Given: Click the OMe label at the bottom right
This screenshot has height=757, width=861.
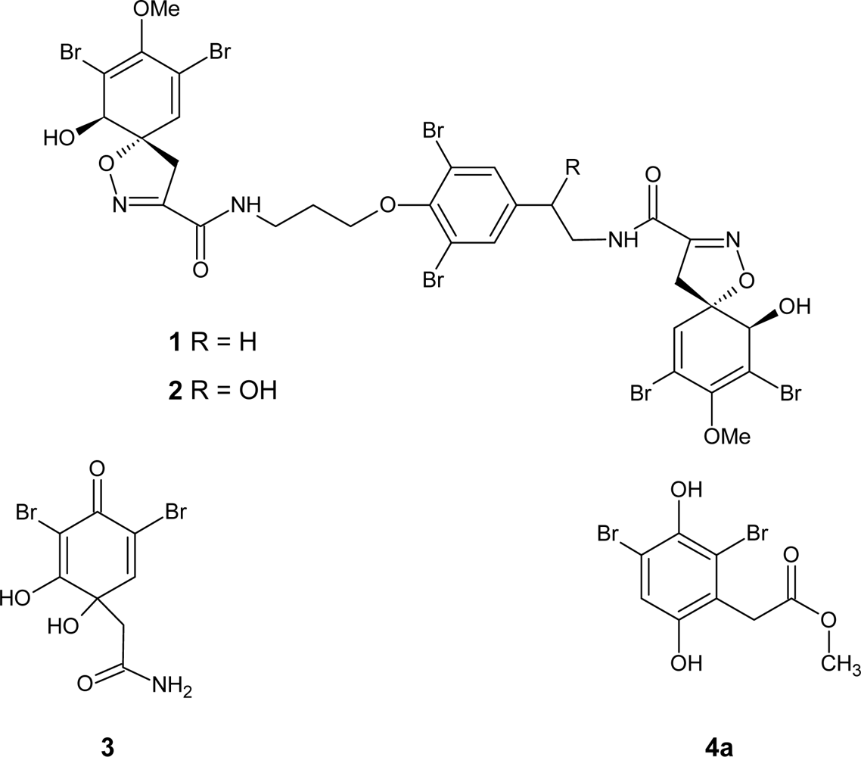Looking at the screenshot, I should pyautogui.click(x=725, y=438).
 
